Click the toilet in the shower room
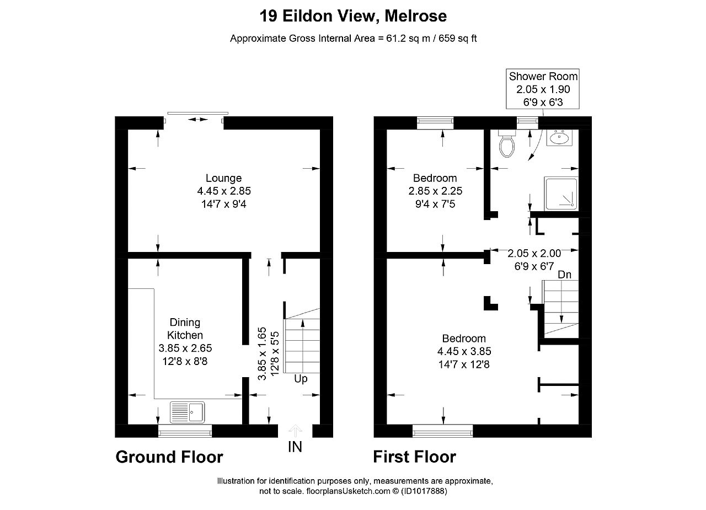[506, 144]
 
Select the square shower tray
[561, 194]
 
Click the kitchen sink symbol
[187, 411]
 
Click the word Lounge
[223, 178]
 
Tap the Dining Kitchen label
[185, 329]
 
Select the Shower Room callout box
[543, 89]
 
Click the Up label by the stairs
[301, 379]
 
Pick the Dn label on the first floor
[564, 275]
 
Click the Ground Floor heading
[169, 457]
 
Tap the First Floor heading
[414, 457]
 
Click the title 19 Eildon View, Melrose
[353, 16]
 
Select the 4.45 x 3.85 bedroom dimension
[464, 351]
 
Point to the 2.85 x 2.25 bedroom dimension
[435, 191]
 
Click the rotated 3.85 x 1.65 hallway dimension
[263, 353]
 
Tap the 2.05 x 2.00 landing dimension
[534, 254]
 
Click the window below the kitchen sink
[185, 431]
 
